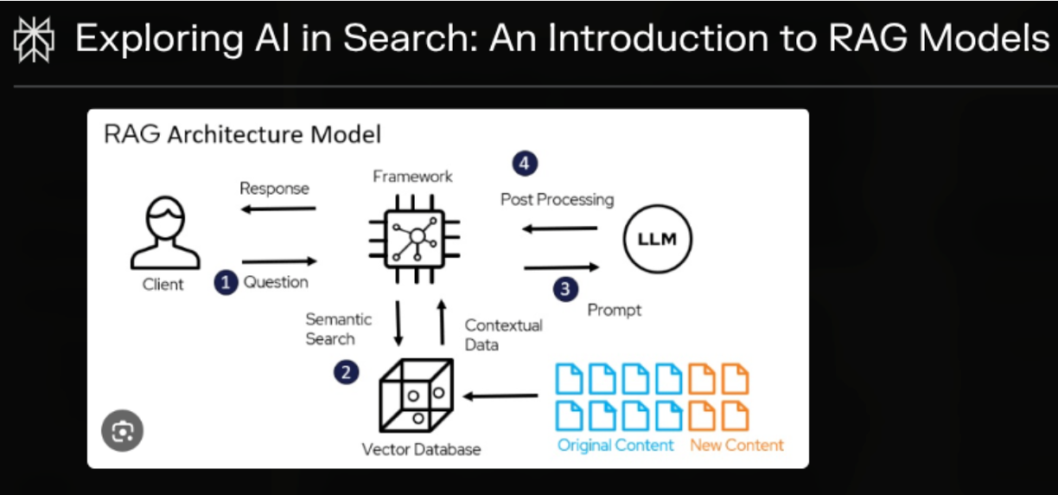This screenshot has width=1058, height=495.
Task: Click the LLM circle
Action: (x=657, y=240)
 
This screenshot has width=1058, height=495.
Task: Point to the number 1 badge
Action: (x=226, y=282)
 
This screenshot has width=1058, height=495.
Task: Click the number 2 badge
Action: (x=346, y=373)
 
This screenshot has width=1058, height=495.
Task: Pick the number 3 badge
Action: (x=565, y=289)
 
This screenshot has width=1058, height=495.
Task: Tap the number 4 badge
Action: (x=524, y=162)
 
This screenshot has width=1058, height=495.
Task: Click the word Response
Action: (x=274, y=189)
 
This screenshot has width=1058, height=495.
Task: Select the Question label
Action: (x=276, y=282)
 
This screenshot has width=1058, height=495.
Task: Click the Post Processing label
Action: (x=557, y=200)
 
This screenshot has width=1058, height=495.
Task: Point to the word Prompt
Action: (x=615, y=309)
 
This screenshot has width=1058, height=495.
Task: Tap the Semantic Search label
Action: (x=338, y=329)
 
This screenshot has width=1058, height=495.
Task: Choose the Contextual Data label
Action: (x=504, y=335)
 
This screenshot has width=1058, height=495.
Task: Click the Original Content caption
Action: (x=615, y=446)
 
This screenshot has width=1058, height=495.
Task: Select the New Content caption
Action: (x=736, y=446)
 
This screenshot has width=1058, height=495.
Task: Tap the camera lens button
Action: (x=122, y=430)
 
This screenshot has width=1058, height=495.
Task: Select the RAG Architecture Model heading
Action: (x=242, y=135)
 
